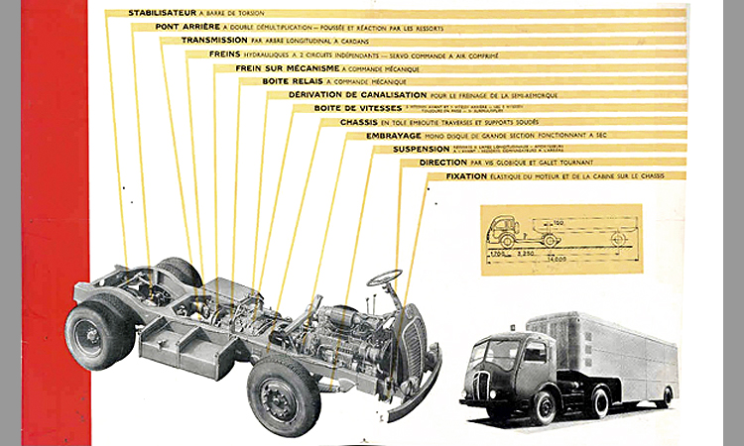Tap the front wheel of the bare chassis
coord(284,393)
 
